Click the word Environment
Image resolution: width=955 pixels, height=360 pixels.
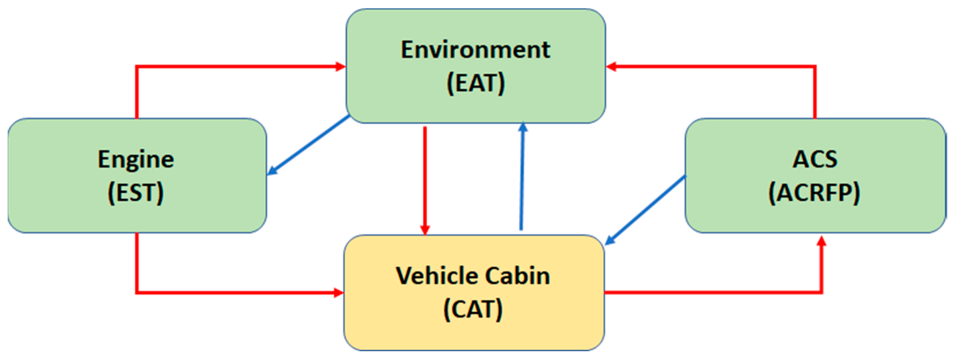[475, 50]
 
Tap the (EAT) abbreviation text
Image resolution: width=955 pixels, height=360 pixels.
[475, 83]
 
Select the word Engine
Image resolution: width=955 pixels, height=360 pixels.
[136, 159]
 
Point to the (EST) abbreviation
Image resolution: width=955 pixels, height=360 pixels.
[136, 192]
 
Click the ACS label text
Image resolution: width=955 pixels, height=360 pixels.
[815, 159]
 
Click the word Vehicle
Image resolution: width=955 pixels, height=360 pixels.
[438, 276]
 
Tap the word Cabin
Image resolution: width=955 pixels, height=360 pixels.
[517, 276]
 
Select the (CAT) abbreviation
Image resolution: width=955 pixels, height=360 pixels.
[473, 309]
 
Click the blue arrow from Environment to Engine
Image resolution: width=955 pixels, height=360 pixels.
[308, 145]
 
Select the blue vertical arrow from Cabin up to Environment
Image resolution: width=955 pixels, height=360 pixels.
[522, 178]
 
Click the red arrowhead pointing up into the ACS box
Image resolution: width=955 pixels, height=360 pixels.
[822, 242]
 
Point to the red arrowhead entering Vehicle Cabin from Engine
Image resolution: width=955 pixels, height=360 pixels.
[338, 292]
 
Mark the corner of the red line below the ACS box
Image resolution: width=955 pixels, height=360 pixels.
[822, 292]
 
